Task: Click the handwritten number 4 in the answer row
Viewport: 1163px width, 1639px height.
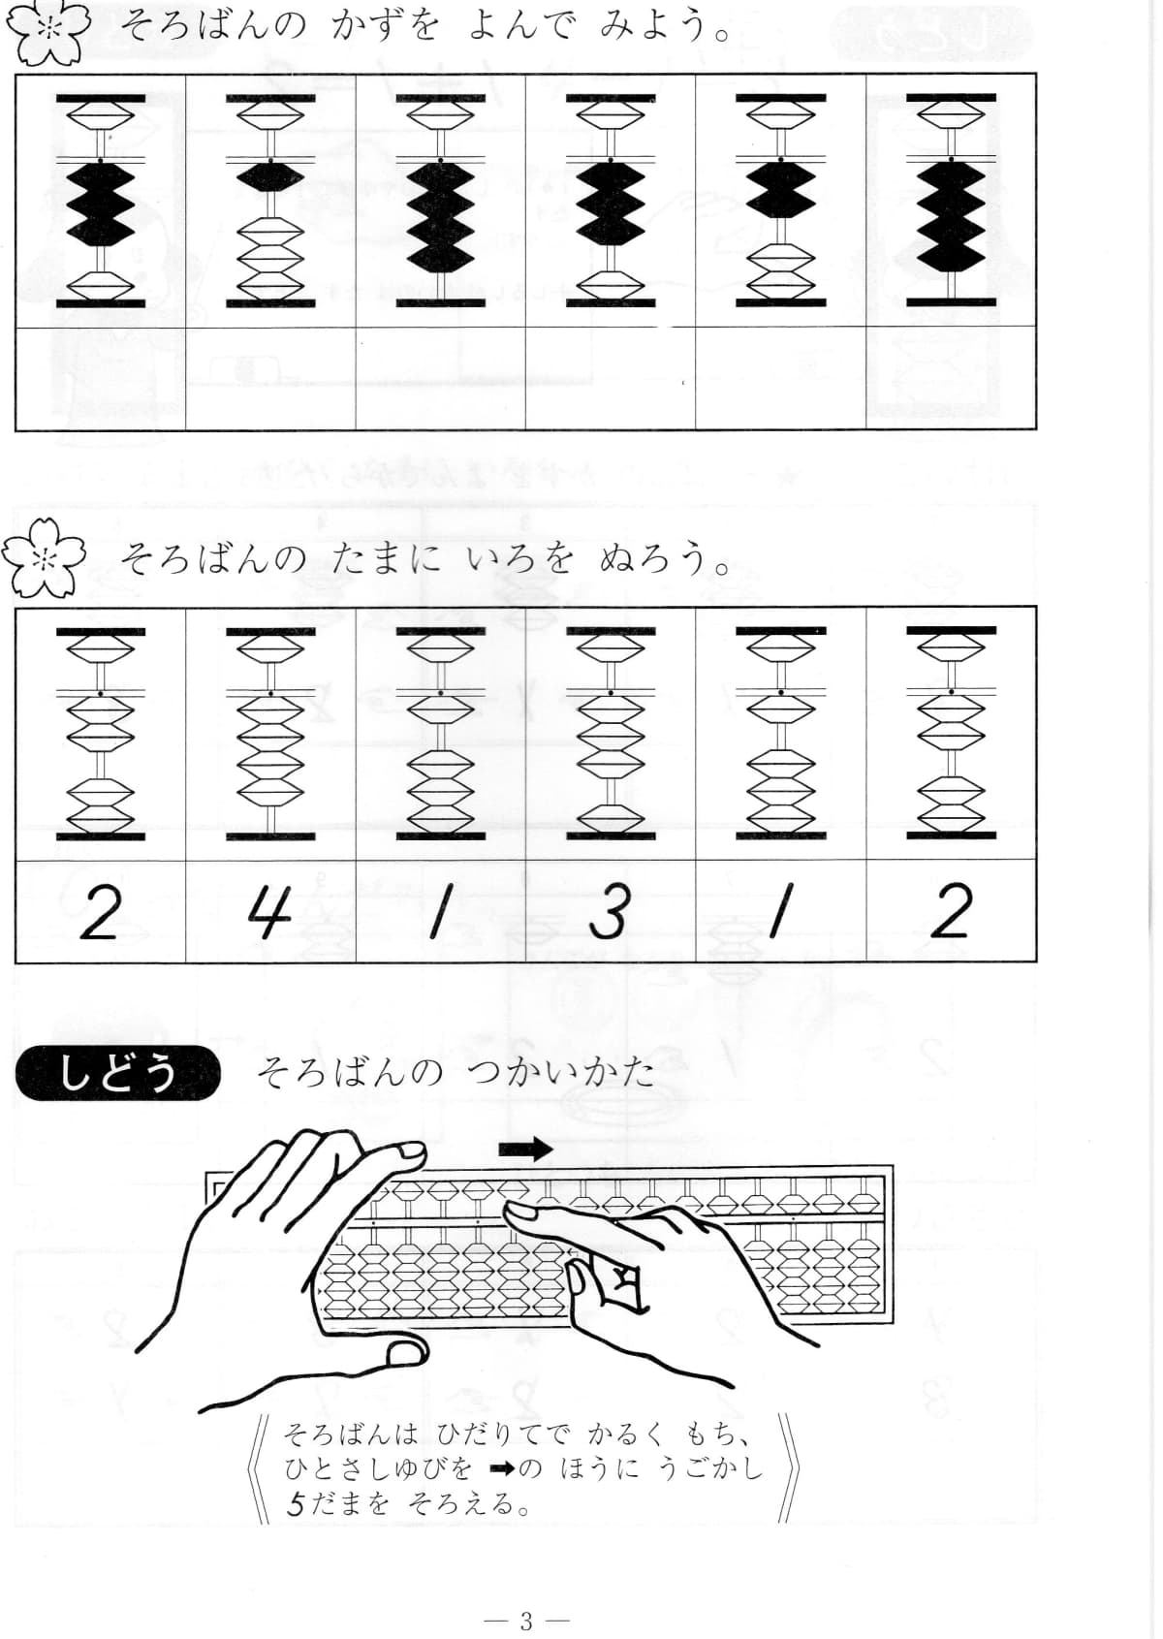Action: pyautogui.click(x=268, y=913)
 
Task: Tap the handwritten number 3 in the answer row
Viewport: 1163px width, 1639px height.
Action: pyautogui.click(x=610, y=913)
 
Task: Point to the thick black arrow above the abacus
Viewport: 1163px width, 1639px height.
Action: pyautogui.click(x=525, y=1150)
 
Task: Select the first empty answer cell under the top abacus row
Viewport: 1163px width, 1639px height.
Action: pyautogui.click(x=101, y=378)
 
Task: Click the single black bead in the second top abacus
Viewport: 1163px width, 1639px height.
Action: pyautogui.click(x=270, y=175)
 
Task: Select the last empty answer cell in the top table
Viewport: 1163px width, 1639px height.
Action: pyautogui.click(x=951, y=378)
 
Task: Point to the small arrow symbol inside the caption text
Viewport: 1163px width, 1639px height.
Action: pyautogui.click(x=502, y=1468)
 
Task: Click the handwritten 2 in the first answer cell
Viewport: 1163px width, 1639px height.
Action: pyautogui.click(x=99, y=913)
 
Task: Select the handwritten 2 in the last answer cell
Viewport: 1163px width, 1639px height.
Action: pyautogui.click(x=951, y=913)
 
